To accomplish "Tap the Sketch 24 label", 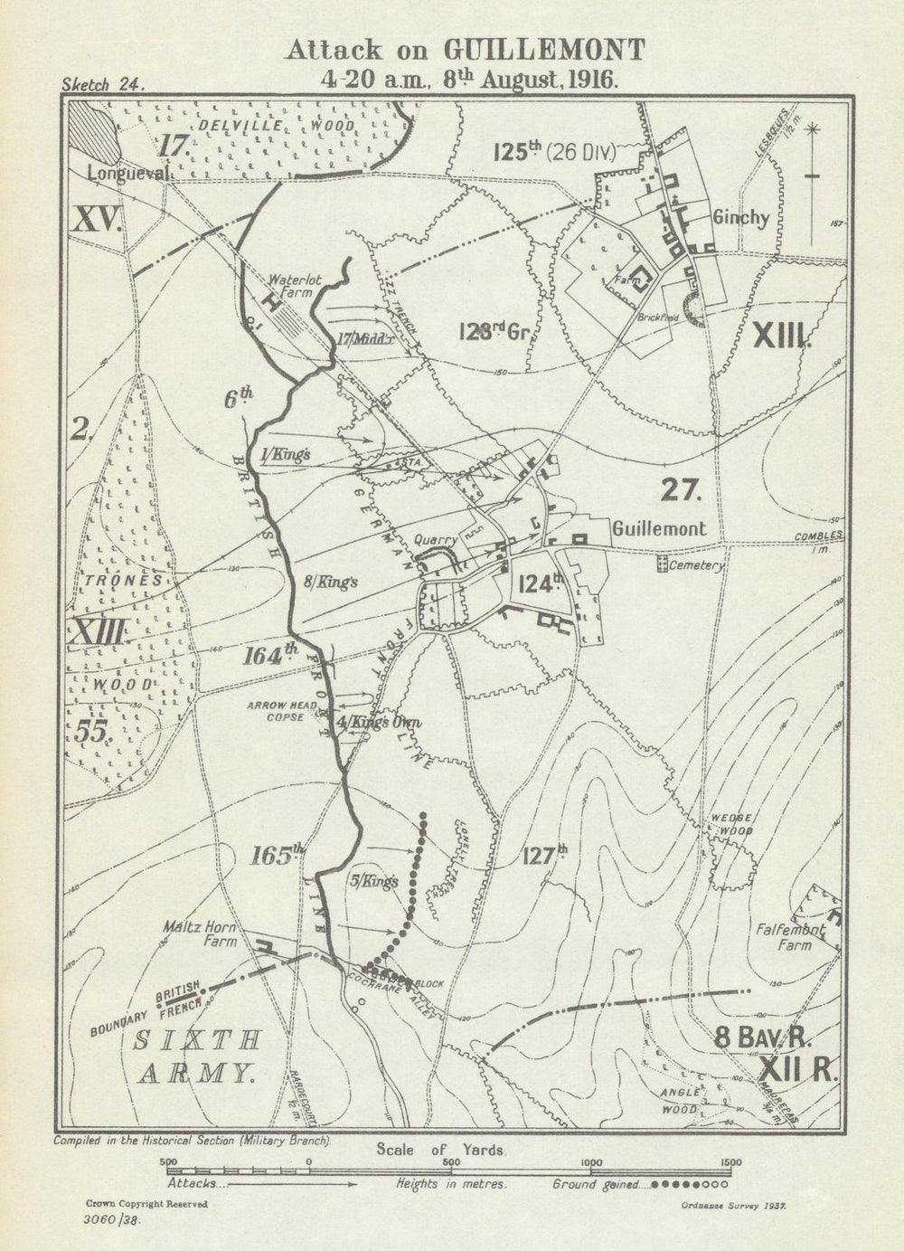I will tap(99, 85).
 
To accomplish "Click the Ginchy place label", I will tap(740, 217).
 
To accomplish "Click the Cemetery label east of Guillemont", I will tap(696, 565).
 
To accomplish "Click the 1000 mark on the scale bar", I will tap(590, 1162).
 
